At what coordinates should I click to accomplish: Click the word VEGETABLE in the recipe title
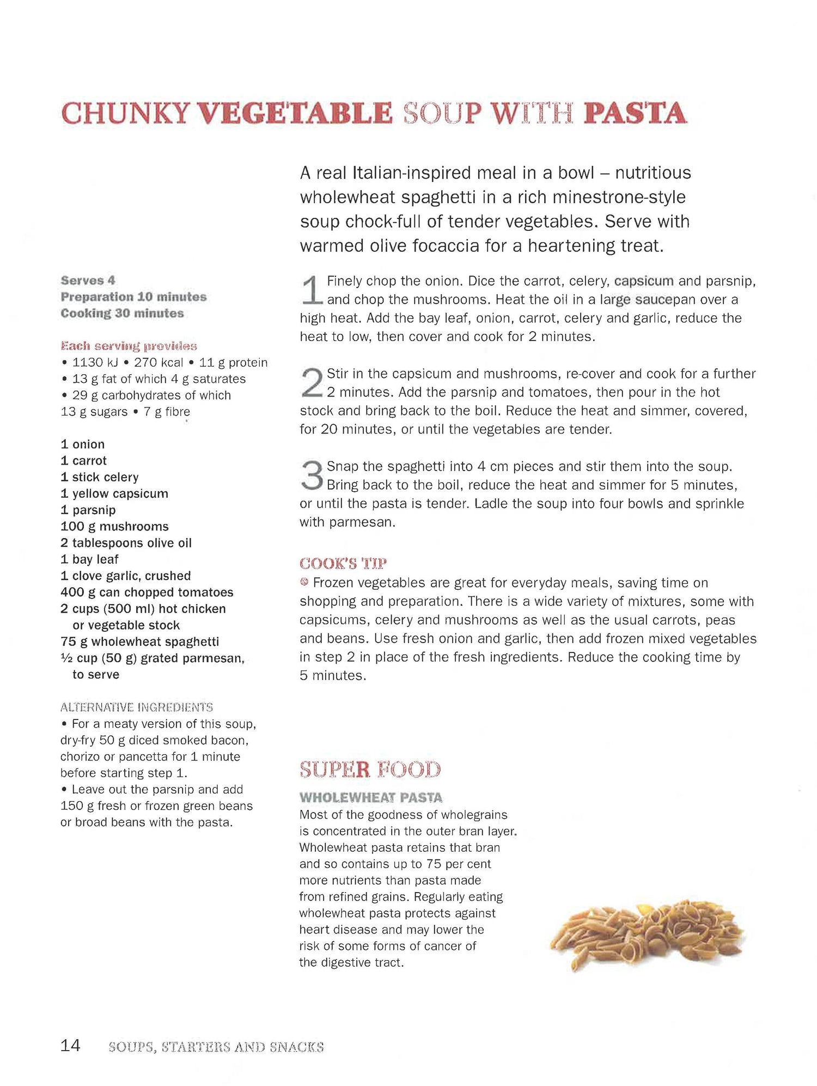pyautogui.click(x=294, y=113)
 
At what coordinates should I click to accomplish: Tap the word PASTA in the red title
pyautogui.click(x=635, y=113)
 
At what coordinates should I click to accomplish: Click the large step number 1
pyautogui.click(x=312, y=290)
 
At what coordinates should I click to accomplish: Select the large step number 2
pyautogui.click(x=312, y=383)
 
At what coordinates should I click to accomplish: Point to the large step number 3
pyautogui.click(x=312, y=475)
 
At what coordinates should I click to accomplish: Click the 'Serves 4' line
pyautogui.click(x=88, y=280)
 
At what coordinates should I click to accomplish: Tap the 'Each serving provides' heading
pyautogui.click(x=129, y=346)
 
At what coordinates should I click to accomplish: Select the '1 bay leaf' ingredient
pyautogui.click(x=89, y=559)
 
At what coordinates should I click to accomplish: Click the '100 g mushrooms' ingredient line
pyautogui.click(x=114, y=527)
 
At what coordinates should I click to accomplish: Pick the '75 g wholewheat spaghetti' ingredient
pyautogui.click(x=139, y=642)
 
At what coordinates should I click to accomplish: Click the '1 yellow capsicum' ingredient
pyautogui.click(x=114, y=493)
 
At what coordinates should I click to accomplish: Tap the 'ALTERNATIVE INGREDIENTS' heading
pyautogui.click(x=136, y=707)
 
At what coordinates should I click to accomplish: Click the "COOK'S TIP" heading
pyautogui.click(x=343, y=563)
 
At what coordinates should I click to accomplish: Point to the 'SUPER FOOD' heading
pyautogui.click(x=370, y=770)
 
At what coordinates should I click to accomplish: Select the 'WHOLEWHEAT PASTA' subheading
pyautogui.click(x=370, y=798)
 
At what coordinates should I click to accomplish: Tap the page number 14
pyautogui.click(x=70, y=1045)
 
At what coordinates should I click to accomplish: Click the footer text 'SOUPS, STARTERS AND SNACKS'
pyautogui.click(x=216, y=1047)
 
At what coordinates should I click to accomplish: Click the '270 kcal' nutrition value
pyautogui.click(x=158, y=363)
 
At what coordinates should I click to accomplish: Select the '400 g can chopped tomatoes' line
pyautogui.click(x=147, y=593)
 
